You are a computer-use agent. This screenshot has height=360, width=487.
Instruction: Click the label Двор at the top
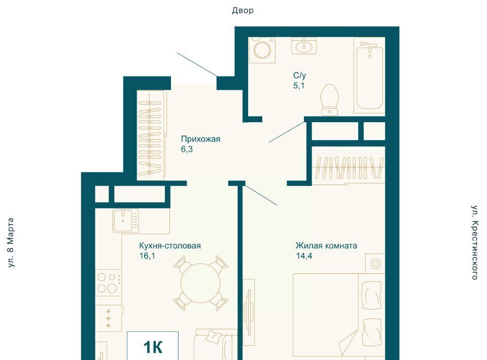click(x=242, y=11)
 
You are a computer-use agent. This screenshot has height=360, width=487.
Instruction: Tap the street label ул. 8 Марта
click(x=11, y=243)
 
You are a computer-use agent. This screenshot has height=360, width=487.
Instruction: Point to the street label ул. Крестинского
click(x=475, y=242)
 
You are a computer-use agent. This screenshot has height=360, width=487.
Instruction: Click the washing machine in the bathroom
click(x=262, y=50)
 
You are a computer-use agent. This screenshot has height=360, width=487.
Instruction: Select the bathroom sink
click(x=304, y=46)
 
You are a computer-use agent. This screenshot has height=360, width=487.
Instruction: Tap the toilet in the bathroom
click(x=330, y=99)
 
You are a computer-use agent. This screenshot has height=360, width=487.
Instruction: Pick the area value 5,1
click(x=299, y=85)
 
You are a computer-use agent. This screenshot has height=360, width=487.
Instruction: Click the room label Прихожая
click(x=201, y=139)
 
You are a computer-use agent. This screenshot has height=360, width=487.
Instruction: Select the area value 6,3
click(x=187, y=149)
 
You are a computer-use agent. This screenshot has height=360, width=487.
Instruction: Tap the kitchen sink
click(x=126, y=221)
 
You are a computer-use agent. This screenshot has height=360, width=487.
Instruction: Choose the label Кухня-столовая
click(x=170, y=246)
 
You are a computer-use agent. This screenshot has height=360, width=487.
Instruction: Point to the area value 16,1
click(x=147, y=256)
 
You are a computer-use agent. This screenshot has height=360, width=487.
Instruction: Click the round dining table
click(x=200, y=283)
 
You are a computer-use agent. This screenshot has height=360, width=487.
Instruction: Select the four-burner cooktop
click(x=108, y=282)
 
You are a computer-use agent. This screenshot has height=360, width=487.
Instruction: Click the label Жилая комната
click(x=326, y=246)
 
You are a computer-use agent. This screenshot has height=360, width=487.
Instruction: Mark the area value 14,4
click(x=304, y=256)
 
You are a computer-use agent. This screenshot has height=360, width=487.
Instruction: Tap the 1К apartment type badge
click(x=153, y=347)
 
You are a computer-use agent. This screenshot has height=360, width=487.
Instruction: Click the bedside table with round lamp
click(x=375, y=264)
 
